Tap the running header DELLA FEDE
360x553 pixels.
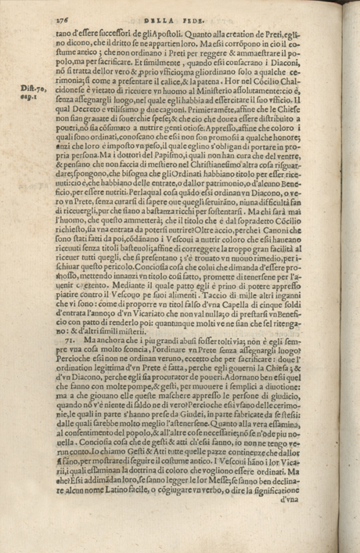click(189, 12)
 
